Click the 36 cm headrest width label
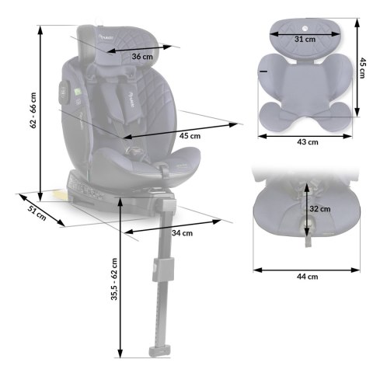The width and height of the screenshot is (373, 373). tap(141, 57)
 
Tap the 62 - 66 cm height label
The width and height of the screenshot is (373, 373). tap(33, 113)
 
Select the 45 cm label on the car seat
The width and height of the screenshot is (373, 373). tap(190, 135)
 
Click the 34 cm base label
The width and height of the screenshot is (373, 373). tap(183, 232)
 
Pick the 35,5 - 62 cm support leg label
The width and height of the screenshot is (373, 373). tap(114, 280)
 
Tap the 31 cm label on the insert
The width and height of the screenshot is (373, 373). tap(305, 37)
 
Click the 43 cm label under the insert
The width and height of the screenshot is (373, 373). tap(308, 142)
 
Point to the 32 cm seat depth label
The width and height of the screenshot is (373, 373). tap(320, 208)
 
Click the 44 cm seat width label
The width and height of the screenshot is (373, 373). tap(308, 276)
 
